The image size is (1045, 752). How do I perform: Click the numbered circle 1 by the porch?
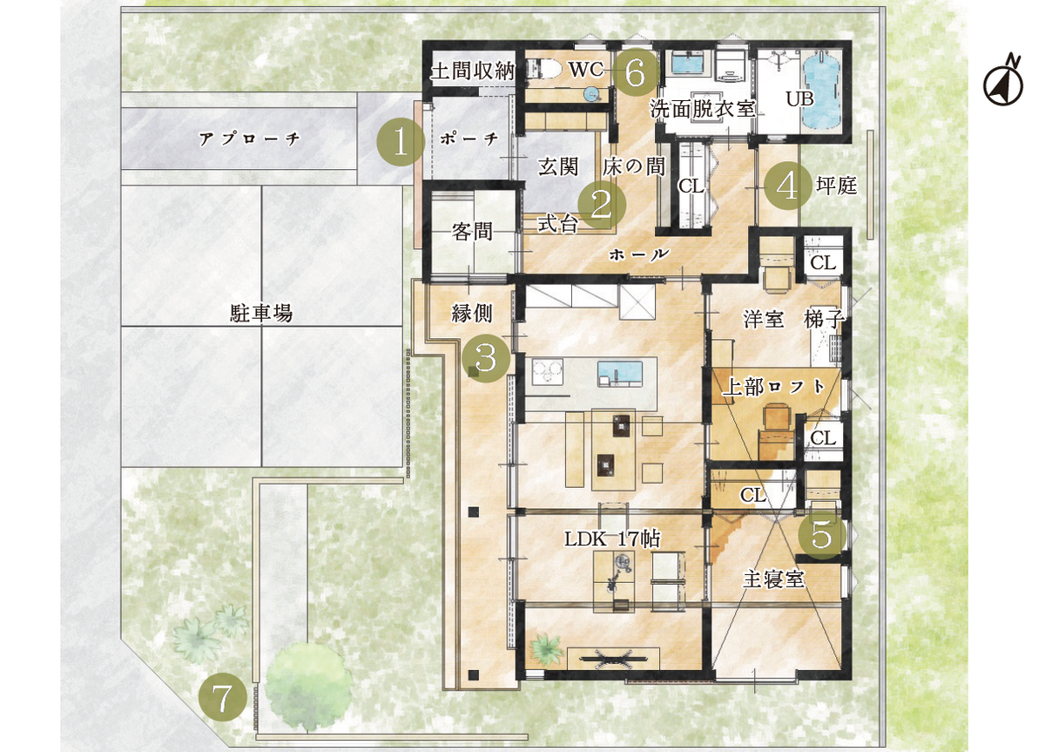[401, 142]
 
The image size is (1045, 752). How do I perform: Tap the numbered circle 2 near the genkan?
[602, 204]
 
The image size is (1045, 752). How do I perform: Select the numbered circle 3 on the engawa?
[486, 358]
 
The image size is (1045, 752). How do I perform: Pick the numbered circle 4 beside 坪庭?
[788, 186]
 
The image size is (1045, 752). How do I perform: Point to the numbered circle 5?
[822, 535]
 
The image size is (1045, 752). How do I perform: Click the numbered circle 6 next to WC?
[636, 73]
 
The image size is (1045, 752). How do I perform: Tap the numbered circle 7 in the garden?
[223, 698]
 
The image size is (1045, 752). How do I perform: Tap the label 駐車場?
[261, 313]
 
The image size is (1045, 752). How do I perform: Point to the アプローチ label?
[250, 139]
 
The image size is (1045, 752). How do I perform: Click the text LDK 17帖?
[612, 539]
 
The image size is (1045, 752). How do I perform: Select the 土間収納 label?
[473, 71]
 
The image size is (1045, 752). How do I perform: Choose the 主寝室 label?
[773, 579]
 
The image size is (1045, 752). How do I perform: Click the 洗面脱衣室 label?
[703, 109]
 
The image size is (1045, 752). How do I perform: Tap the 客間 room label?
[472, 232]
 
